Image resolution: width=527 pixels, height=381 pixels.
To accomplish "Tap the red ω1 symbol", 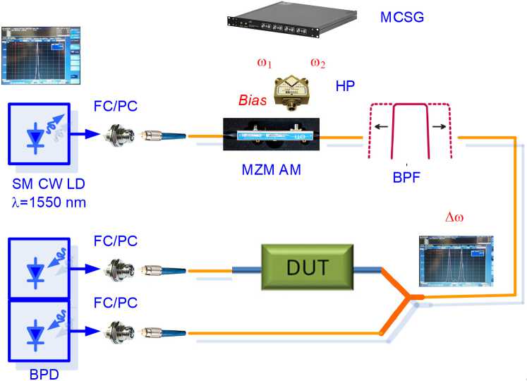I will pos(265,64).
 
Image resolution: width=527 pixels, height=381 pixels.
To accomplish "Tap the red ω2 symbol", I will pos(318,64).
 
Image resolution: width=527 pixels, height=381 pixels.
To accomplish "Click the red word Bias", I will pos(252,101).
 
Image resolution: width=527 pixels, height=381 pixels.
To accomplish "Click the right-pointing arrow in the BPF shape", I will pos(446,127).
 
